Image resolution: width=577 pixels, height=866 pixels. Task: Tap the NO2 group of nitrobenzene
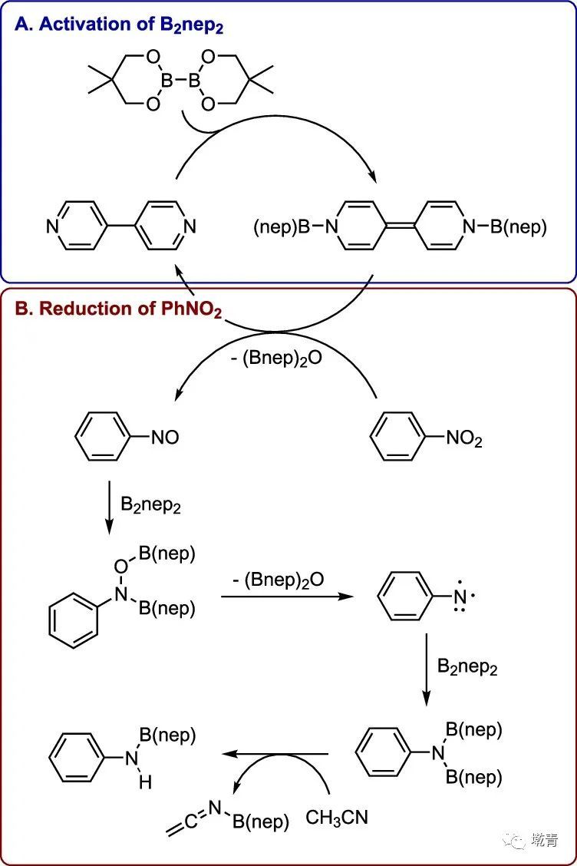464,439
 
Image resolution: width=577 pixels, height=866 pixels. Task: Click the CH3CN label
337,818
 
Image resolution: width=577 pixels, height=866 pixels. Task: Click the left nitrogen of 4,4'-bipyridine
52,226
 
